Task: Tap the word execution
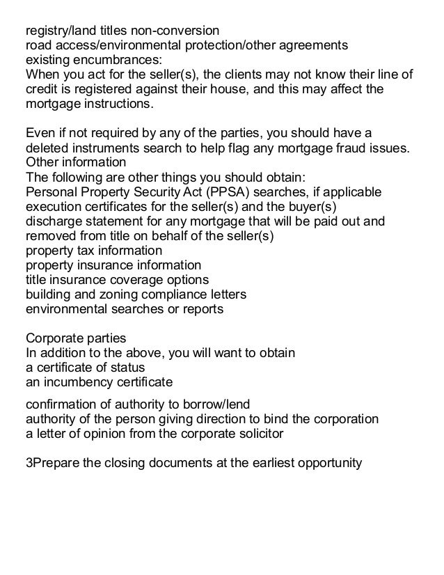tap(52, 207)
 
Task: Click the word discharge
tap(54, 221)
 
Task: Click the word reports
tap(200, 309)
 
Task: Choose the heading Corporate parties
tap(75, 338)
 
